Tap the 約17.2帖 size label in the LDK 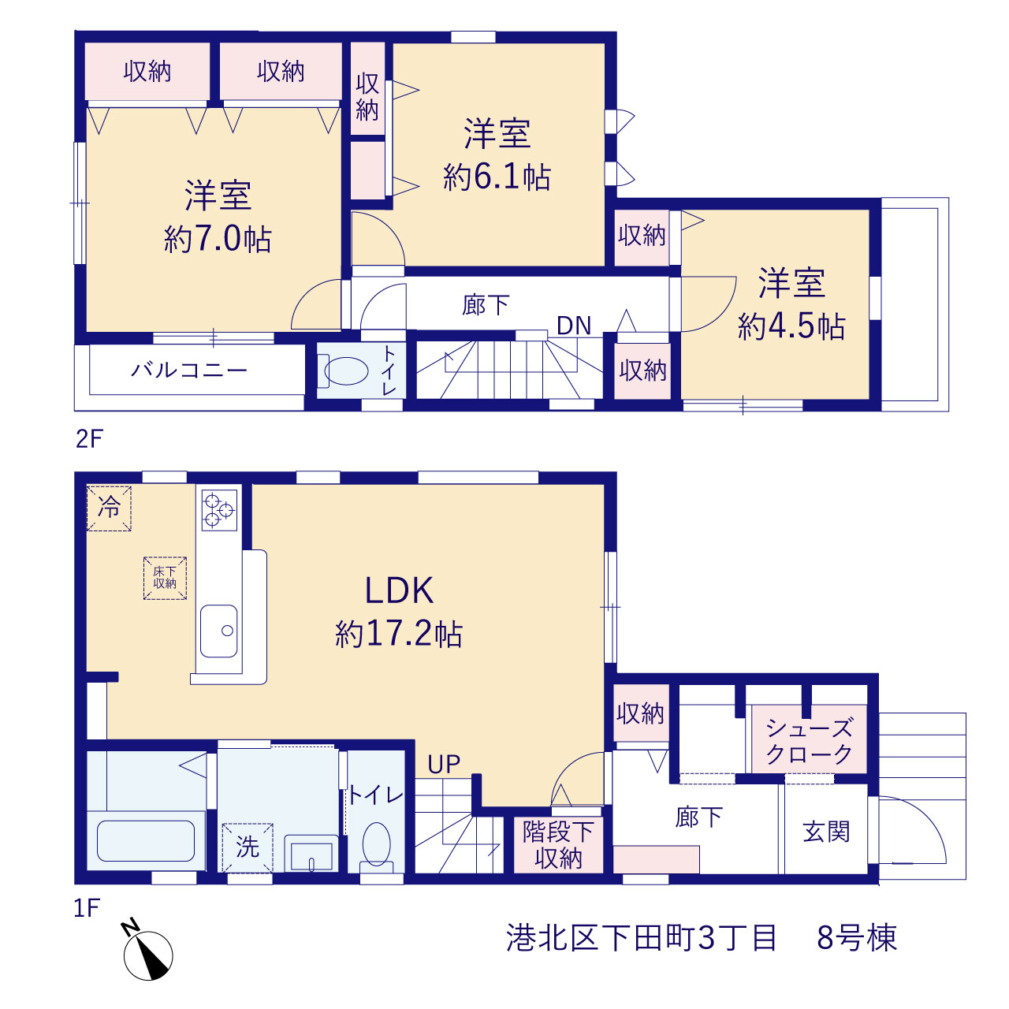click(398, 635)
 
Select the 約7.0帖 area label click(218, 240)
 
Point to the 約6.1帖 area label click(497, 177)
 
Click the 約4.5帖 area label click(791, 326)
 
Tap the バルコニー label click(189, 370)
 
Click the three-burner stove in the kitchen click(219, 510)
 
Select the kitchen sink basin click(219, 631)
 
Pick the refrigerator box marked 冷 click(109, 508)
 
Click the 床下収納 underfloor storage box click(165, 578)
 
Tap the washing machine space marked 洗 click(248, 847)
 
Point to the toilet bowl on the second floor click(346, 370)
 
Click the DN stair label click(574, 326)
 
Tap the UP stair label click(444, 765)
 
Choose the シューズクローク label click(809, 741)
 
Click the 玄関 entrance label click(826, 832)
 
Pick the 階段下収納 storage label click(558, 845)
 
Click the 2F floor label click(90, 439)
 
